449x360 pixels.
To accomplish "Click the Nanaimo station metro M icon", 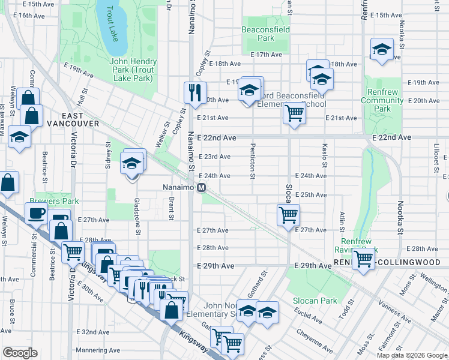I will (x=202, y=187).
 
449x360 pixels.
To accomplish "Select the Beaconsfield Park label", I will (x=265, y=33).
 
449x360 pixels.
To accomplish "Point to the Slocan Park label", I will (x=314, y=300).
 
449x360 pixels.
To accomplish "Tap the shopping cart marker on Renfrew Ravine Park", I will (x=363, y=259).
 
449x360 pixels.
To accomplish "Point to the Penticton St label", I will (x=253, y=160).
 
